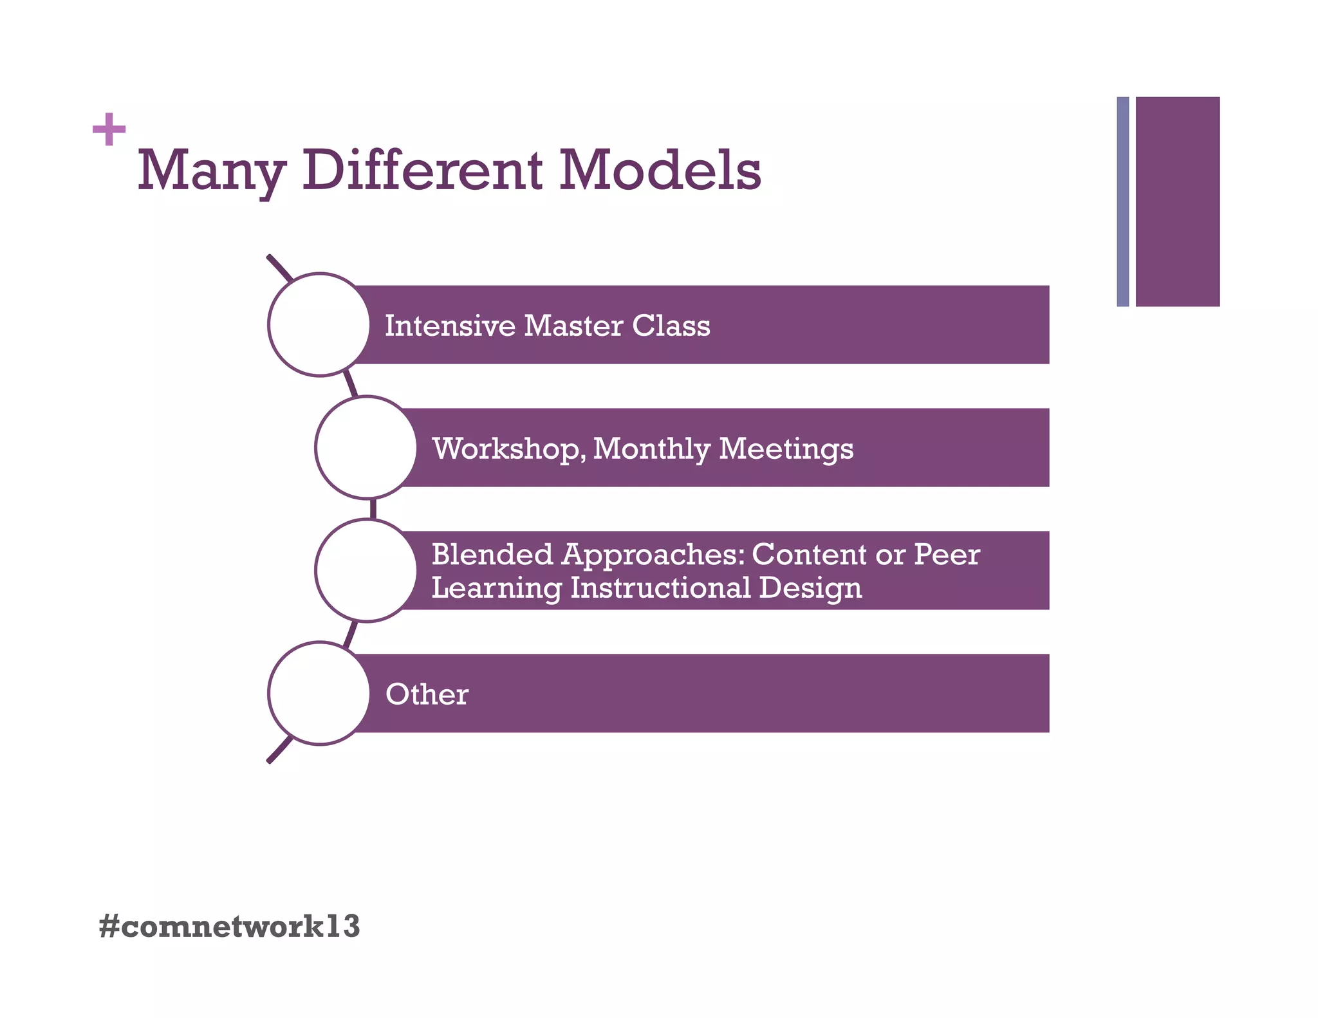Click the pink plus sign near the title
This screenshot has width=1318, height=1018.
(109, 130)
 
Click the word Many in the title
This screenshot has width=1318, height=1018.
(211, 171)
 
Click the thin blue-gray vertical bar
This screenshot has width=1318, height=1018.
(1122, 201)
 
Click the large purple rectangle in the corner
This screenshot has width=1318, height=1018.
(1177, 201)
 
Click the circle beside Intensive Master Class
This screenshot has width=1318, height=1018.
(319, 324)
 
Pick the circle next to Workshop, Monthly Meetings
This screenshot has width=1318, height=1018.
(366, 447)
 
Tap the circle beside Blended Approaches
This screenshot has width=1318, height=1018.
(366, 570)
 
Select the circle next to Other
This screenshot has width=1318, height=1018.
(319, 693)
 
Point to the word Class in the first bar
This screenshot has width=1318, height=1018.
(671, 326)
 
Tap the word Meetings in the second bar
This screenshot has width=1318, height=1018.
(786, 449)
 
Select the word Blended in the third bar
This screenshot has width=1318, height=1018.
(492, 554)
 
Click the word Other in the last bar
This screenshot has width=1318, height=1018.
(427, 694)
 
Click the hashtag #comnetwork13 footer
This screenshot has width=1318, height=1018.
(230, 927)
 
